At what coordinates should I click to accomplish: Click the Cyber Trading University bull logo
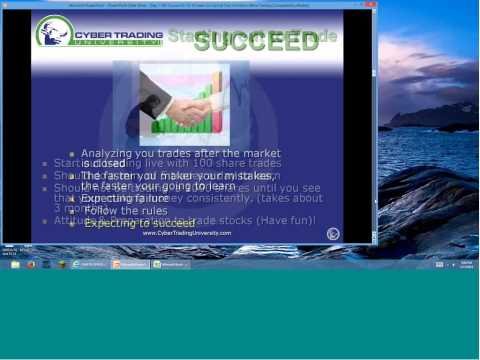tap(54, 31)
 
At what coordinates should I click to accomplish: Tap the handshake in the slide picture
tap(184, 106)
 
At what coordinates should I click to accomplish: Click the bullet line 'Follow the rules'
tap(126, 211)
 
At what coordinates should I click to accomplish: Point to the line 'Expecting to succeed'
tap(139, 223)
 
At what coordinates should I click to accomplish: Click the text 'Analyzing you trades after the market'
tap(180, 153)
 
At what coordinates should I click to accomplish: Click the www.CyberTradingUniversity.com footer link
tap(186, 233)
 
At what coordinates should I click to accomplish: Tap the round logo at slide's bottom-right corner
tap(333, 233)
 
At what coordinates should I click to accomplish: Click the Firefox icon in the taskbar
tap(31, 264)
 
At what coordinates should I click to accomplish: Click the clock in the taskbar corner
tap(467, 264)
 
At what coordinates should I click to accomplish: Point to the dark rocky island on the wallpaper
tap(430, 117)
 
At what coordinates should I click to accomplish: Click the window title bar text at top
tap(190, 4)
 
